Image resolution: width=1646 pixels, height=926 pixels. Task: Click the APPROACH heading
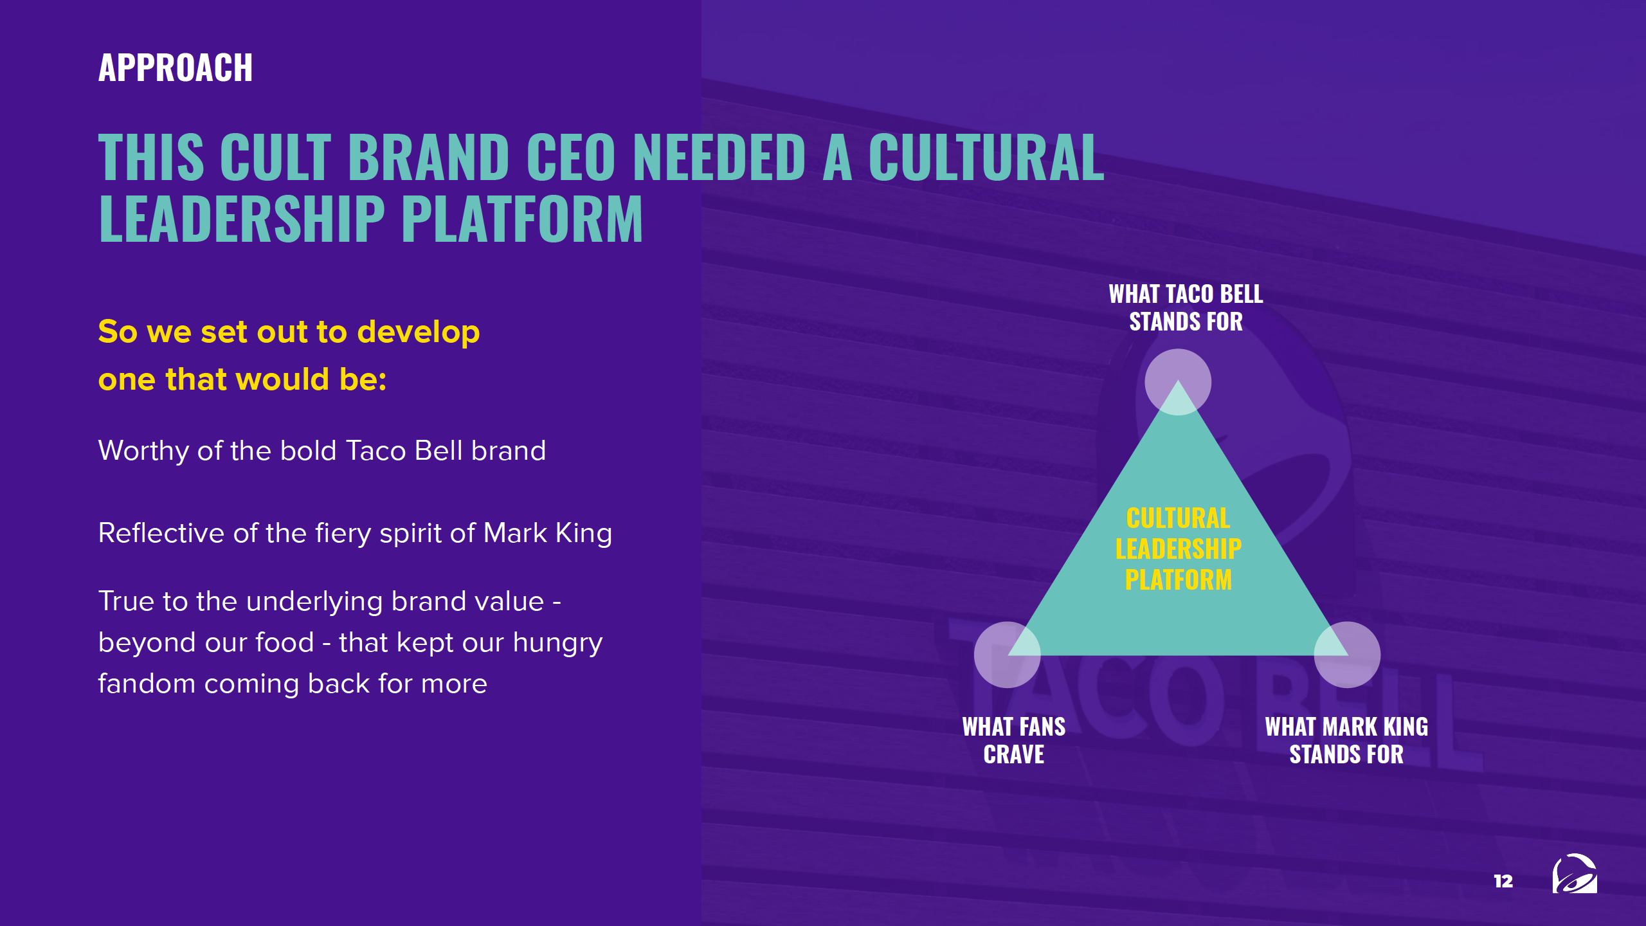pyautogui.click(x=176, y=68)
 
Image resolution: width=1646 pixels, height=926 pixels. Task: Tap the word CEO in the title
pyautogui.click(x=571, y=157)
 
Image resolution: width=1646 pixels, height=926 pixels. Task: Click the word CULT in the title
pyautogui.click(x=276, y=157)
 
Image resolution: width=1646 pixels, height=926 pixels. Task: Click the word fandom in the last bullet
pyautogui.click(x=147, y=684)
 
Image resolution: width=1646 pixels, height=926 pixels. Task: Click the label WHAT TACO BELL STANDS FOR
pyautogui.click(x=1186, y=308)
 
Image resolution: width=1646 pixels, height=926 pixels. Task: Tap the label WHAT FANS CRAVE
pyautogui.click(x=1014, y=741)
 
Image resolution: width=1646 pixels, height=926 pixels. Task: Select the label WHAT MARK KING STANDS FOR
pyautogui.click(x=1346, y=741)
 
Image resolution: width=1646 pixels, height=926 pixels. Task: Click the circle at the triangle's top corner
pyautogui.click(x=1178, y=382)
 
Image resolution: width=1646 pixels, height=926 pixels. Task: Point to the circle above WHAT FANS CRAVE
pyautogui.click(x=1008, y=655)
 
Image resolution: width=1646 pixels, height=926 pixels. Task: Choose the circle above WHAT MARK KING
pyautogui.click(x=1347, y=655)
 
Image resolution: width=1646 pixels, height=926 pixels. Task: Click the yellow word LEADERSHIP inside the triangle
pyautogui.click(x=1179, y=549)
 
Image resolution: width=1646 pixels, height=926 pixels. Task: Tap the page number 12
pyautogui.click(x=1503, y=881)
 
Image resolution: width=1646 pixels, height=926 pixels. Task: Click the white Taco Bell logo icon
pyautogui.click(x=1575, y=874)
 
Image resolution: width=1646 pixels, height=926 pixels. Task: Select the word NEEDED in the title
pyautogui.click(x=719, y=157)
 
